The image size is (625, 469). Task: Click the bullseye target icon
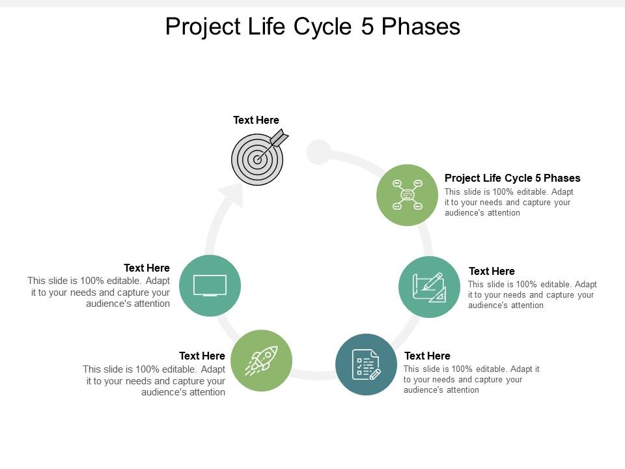[258, 158]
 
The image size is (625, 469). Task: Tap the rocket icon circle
[262, 360]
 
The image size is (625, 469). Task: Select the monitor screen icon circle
[210, 286]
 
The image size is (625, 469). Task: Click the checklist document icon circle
[366, 364]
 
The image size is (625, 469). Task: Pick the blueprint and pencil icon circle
[429, 287]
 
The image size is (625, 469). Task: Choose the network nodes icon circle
[408, 195]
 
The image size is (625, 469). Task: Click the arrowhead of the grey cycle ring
[231, 193]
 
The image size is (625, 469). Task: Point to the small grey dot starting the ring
[319, 152]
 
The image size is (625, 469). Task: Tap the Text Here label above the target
[256, 120]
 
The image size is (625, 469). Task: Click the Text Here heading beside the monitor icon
[146, 268]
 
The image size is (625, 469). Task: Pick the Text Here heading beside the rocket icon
[202, 356]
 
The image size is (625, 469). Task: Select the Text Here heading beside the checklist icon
[427, 356]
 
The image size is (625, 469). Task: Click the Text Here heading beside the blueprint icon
[492, 271]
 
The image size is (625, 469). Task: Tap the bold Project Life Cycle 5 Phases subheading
[512, 178]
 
